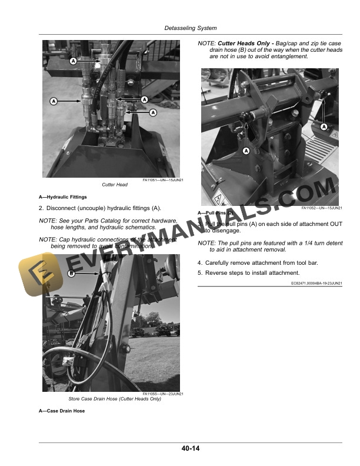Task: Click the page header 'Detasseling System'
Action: coord(191,28)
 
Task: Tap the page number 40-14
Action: coord(191,449)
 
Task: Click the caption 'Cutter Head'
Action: coord(115,185)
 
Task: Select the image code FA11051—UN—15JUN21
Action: coord(163,180)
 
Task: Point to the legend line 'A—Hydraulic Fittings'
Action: coord(62,197)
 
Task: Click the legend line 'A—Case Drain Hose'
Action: coord(62,411)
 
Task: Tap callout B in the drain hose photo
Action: coord(71,274)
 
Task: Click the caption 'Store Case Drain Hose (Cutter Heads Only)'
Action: coord(115,399)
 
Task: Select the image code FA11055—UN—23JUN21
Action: coord(163,394)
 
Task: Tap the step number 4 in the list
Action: coord(200,262)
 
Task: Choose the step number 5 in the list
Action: coord(200,272)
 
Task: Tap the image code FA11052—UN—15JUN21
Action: coord(322,208)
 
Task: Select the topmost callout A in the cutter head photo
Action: coord(74,61)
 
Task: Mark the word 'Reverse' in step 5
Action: coord(217,272)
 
